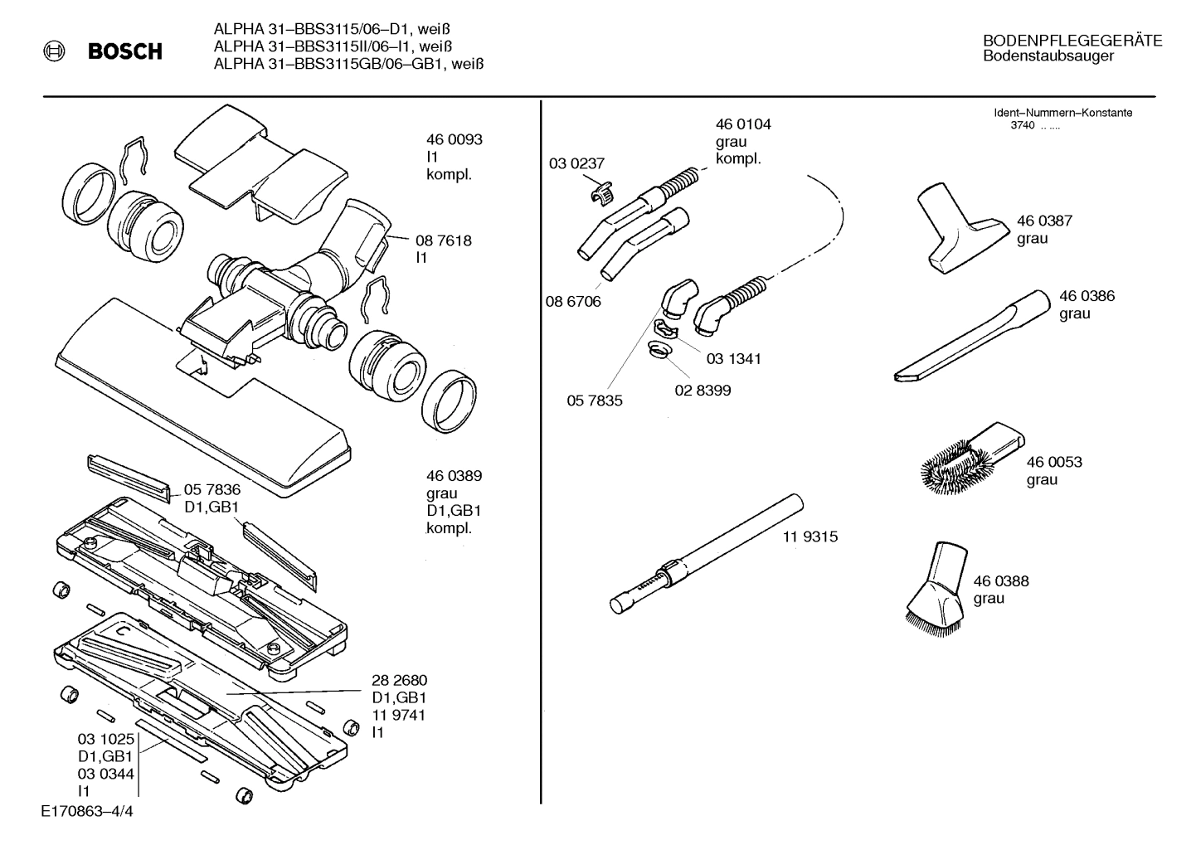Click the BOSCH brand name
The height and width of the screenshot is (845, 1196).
[x=124, y=52]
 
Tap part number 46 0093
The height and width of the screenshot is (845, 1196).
[x=454, y=139]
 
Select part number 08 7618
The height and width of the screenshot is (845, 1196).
[x=444, y=240]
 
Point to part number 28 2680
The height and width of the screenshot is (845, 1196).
[x=399, y=681]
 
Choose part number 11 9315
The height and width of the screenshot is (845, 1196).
[x=810, y=537]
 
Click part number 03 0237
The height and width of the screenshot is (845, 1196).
[x=576, y=164]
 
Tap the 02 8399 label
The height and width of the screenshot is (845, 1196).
[x=703, y=390]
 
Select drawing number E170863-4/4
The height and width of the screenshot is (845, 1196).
[x=86, y=812]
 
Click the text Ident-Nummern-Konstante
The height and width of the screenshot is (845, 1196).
[x=1062, y=113]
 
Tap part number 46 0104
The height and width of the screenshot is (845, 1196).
[x=743, y=124]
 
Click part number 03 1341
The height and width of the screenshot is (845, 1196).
[x=733, y=359]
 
